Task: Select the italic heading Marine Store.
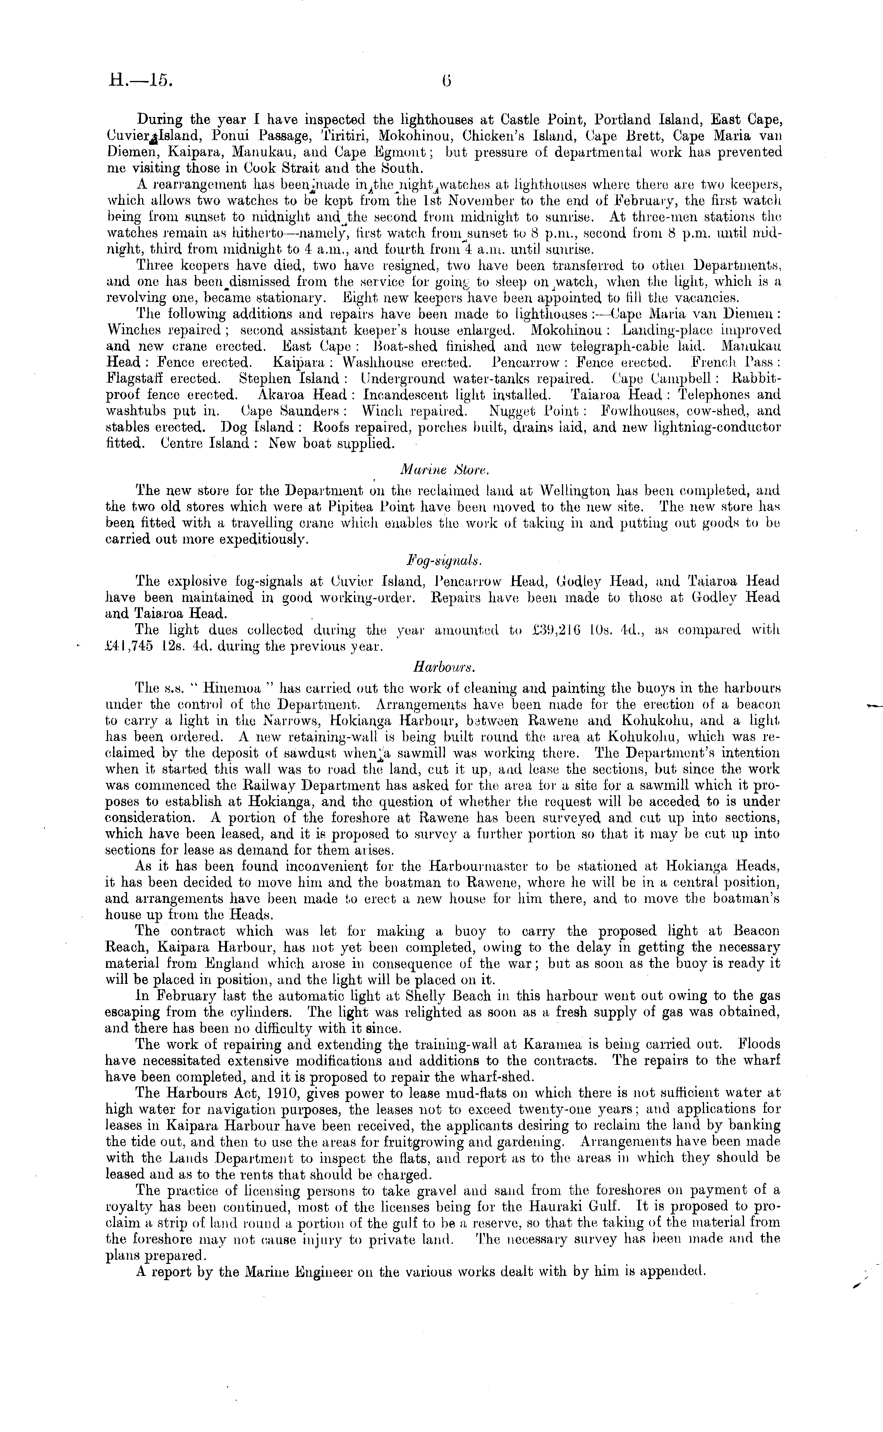click(441, 469)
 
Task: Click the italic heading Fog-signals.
click(444, 560)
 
